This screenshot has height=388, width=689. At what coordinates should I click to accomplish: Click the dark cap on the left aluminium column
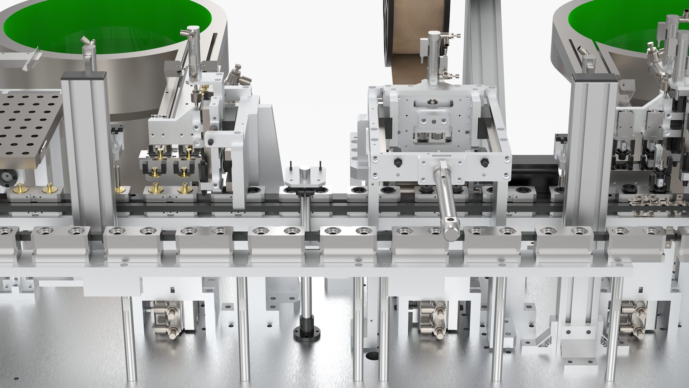click(x=85, y=75)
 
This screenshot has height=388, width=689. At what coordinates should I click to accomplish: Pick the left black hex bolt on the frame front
click(x=398, y=162)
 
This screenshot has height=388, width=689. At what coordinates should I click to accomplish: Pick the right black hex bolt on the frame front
click(x=483, y=162)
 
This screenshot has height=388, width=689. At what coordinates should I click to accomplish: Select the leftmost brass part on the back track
click(x=18, y=188)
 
